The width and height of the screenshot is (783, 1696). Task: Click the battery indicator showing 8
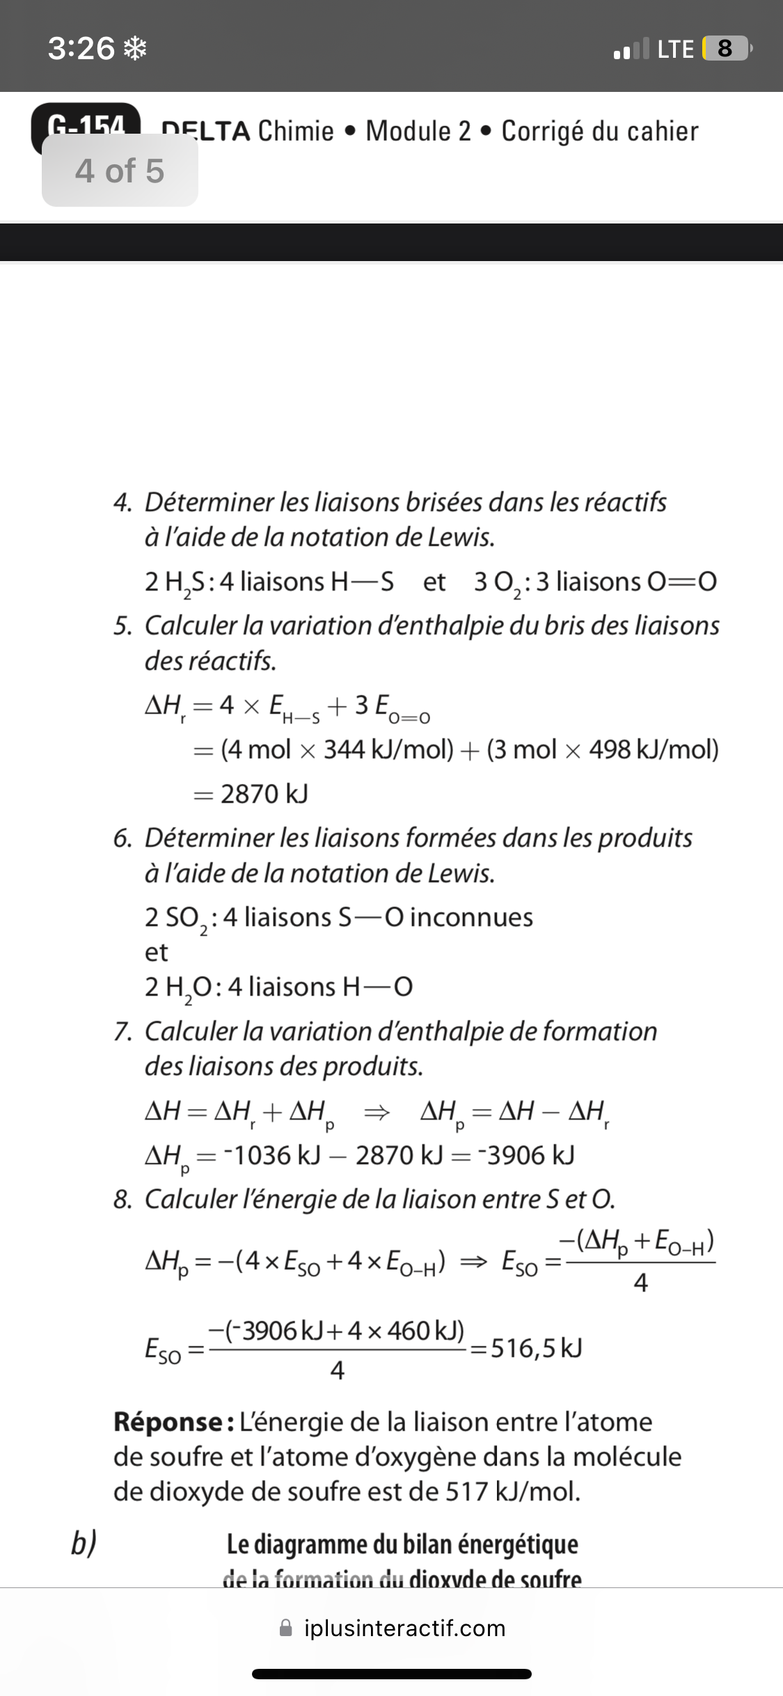(725, 49)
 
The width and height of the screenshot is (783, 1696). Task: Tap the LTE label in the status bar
(675, 49)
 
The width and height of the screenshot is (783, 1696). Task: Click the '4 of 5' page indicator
(120, 171)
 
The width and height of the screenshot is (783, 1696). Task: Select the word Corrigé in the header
(542, 131)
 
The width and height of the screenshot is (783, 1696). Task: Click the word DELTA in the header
(206, 131)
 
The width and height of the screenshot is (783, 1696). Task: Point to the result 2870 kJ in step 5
(264, 793)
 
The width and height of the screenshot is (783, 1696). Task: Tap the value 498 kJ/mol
(654, 749)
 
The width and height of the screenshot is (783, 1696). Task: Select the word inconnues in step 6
(471, 917)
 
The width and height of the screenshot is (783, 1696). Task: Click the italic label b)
(84, 1544)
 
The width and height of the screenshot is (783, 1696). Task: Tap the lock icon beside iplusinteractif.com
(286, 1628)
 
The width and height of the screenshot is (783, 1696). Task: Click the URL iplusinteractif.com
(404, 1628)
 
